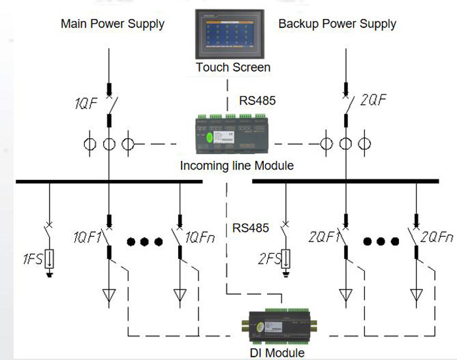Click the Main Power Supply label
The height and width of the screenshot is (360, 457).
click(x=112, y=24)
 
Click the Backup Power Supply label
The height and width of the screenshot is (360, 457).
click(x=337, y=24)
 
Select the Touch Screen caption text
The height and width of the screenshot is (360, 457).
click(x=233, y=67)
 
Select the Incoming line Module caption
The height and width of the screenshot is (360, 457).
click(x=236, y=166)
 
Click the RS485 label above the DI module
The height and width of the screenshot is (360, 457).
click(x=251, y=228)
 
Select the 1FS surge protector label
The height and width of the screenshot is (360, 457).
click(x=31, y=260)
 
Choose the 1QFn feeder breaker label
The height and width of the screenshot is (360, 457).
click(x=201, y=236)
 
